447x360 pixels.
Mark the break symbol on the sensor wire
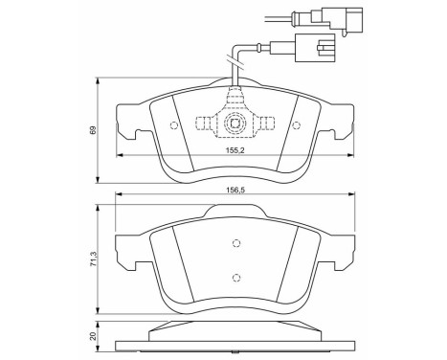click(235, 63)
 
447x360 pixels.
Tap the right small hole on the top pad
click(296, 125)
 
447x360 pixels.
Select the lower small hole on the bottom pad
click(235, 279)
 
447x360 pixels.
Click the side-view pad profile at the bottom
click(235, 343)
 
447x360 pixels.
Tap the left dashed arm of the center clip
click(206, 123)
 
